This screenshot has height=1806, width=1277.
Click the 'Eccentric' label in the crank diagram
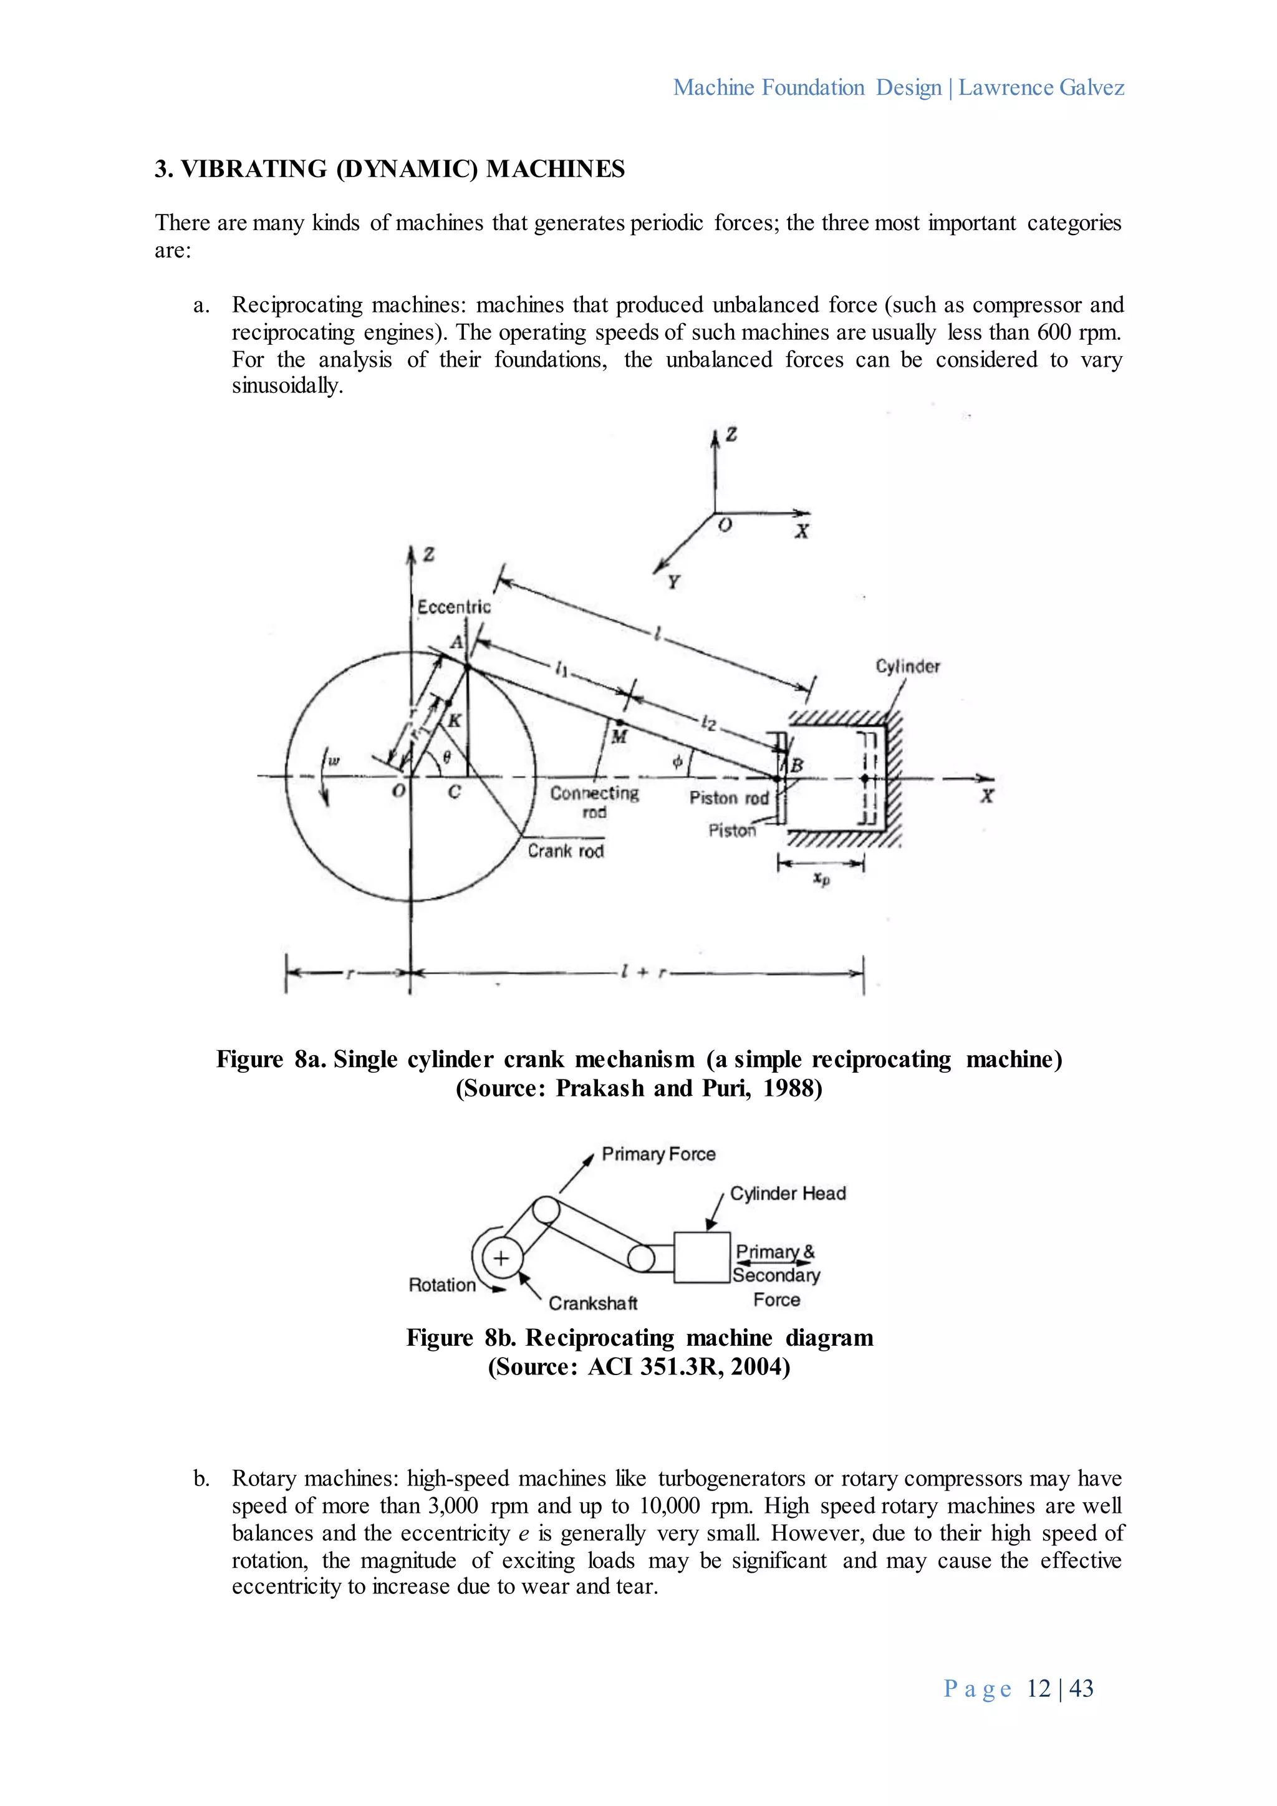pyautogui.click(x=454, y=606)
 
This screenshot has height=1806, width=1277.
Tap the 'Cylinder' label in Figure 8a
pyautogui.click(x=907, y=666)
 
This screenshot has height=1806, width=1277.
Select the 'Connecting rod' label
pyautogui.click(x=594, y=801)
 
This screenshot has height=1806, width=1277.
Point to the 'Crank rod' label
pyautogui.click(x=566, y=851)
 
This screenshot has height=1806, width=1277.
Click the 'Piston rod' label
pyautogui.click(x=729, y=798)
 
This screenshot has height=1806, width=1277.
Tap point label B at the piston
pyautogui.click(x=796, y=765)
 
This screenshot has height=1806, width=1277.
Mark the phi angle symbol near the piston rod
pyautogui.click(x=677, y=761)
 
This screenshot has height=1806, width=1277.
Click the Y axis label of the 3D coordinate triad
pyautogui.click(x=673, y=582)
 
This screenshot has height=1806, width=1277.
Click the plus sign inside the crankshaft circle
pyautogui.click(x=501, y=1258)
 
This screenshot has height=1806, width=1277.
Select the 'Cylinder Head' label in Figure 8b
pyautogui.click(x=788, y=1193)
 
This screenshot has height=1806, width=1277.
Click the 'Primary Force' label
pyautogui.click(x=658, y=1154)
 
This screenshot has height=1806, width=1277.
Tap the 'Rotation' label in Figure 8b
pyautogui.click(x=442, y=1285)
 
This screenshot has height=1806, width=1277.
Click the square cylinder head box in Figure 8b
pyautogui.click(x=701, y=1257)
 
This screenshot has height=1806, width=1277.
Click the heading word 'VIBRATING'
pyautogui.click(x=254, y=169)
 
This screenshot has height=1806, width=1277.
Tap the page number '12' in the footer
pyautogui.click(x=1038, y=1688)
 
